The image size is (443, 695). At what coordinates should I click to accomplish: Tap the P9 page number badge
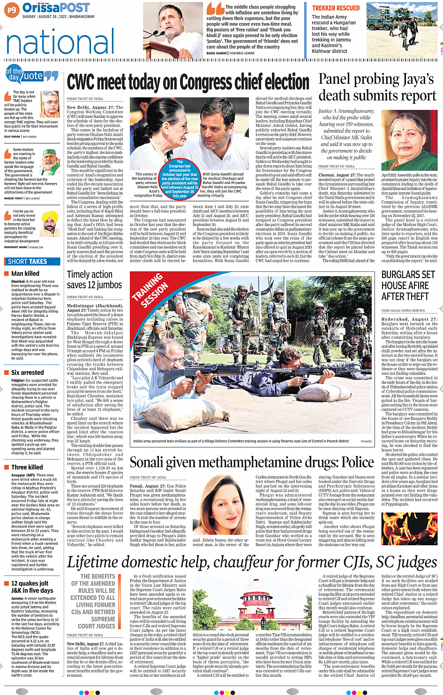(11, 9)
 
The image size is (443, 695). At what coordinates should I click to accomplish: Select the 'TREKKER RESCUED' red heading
(336, 8)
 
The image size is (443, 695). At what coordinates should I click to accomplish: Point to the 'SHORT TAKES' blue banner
(28, 262)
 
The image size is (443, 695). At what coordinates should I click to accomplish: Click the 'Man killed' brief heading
(25, 274)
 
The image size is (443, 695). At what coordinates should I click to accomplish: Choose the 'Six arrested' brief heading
(28, 373)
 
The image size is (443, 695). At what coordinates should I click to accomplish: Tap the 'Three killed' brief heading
(27, 467)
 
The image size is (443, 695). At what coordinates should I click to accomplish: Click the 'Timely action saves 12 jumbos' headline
(94, 280)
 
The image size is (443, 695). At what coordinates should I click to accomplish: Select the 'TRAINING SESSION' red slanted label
(150, 290)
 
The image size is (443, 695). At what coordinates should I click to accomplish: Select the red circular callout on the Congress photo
(180, 179)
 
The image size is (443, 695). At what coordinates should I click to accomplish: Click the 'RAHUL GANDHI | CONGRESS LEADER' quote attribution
(230, 53)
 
